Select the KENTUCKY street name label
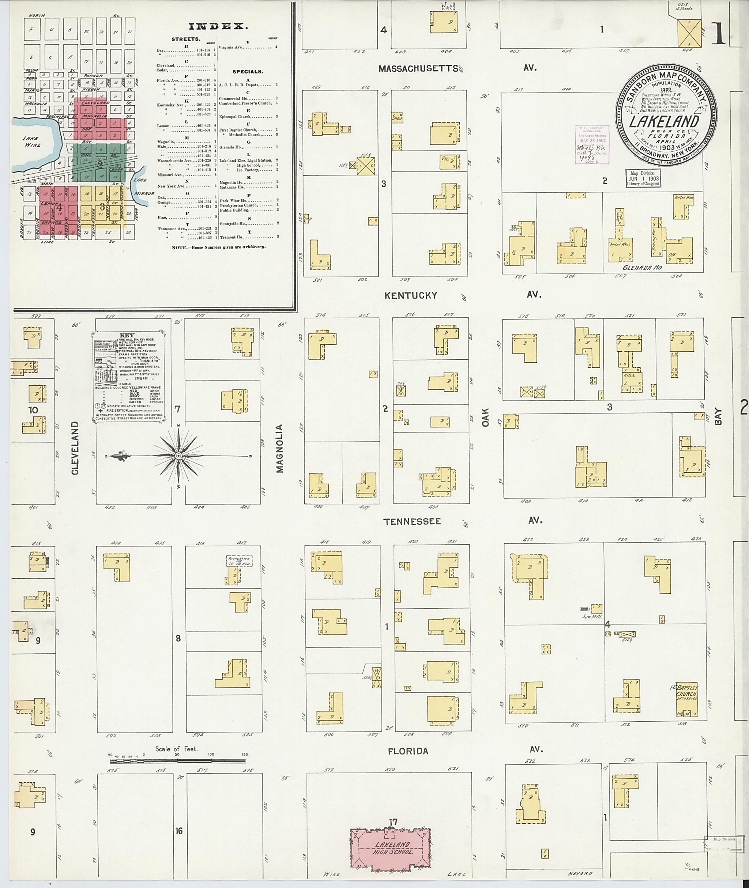[x=410, y=295]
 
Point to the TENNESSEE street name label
[x=412, y=522]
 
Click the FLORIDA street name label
[x=408, y=751]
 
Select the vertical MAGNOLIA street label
[x=279, y=448]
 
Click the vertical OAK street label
[x=486, y=418]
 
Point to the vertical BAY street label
[x=718, y=416]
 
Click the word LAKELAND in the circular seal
[x=664, y=122]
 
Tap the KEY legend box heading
[x=127, y=335]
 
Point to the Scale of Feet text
[x=176, y=749]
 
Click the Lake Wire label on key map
[x=32, y=142]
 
